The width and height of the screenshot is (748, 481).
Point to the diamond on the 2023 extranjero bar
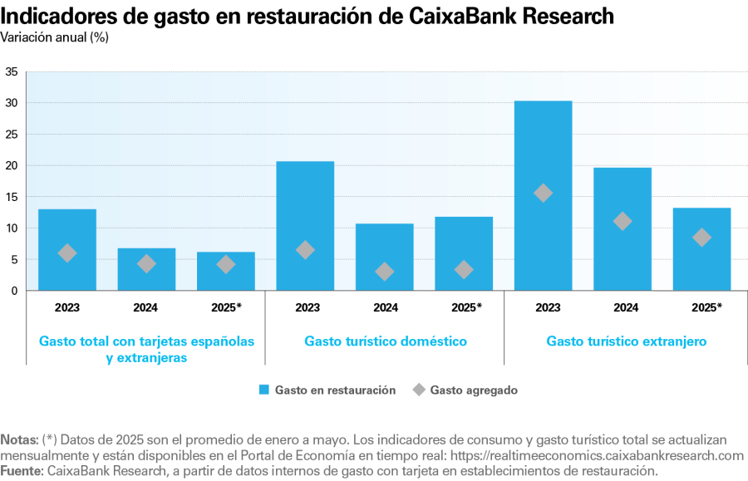(x=544, y=193)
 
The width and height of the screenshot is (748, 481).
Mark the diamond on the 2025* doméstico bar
(x=464, y=269)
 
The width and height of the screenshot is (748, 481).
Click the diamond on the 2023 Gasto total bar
(x=67, y=253)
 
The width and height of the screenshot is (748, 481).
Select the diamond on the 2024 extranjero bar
(x=623, y=221)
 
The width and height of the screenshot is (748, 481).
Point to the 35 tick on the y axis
(x=12, y=71)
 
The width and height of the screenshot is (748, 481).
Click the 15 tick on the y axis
(x=12, y=197)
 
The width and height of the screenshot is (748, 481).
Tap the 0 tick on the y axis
(x=14, y=291)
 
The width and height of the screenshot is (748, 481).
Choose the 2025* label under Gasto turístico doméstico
(x=466, y=307)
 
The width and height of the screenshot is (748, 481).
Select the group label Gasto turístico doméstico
(x=385, y=341)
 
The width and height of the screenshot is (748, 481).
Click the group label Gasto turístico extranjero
(x=626, y=341)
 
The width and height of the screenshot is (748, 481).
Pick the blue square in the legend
(x=264, y=390)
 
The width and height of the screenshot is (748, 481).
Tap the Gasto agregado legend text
(x=474, y=390)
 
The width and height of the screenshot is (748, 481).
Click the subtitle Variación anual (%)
(x=54, y=37)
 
